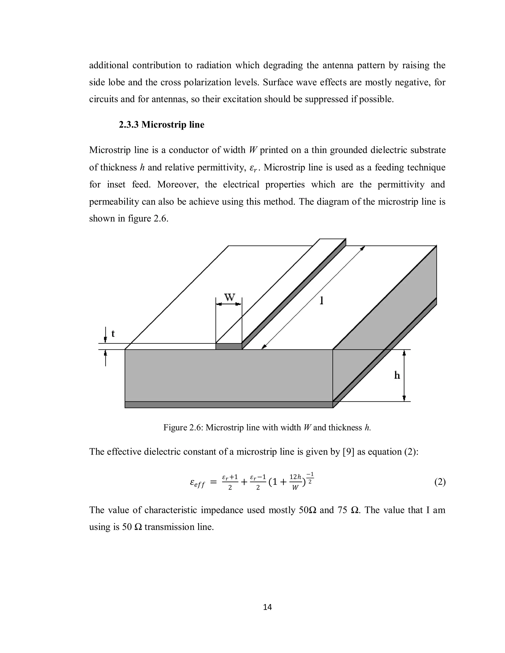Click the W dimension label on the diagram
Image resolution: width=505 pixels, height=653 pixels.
tap(230, 297)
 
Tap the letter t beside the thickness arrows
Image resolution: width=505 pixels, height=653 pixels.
tap(113, 333)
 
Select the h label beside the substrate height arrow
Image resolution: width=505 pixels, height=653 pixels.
tap(397, 375)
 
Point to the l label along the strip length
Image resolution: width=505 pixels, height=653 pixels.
tap(322, 300)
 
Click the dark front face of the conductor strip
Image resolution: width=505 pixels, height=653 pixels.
tap(229, 346)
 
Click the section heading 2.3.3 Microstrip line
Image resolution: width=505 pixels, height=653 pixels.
tap(162, 125)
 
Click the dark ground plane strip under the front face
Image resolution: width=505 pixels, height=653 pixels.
tap(229, 405)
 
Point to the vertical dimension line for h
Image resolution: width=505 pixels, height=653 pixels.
tap(404, 375)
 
